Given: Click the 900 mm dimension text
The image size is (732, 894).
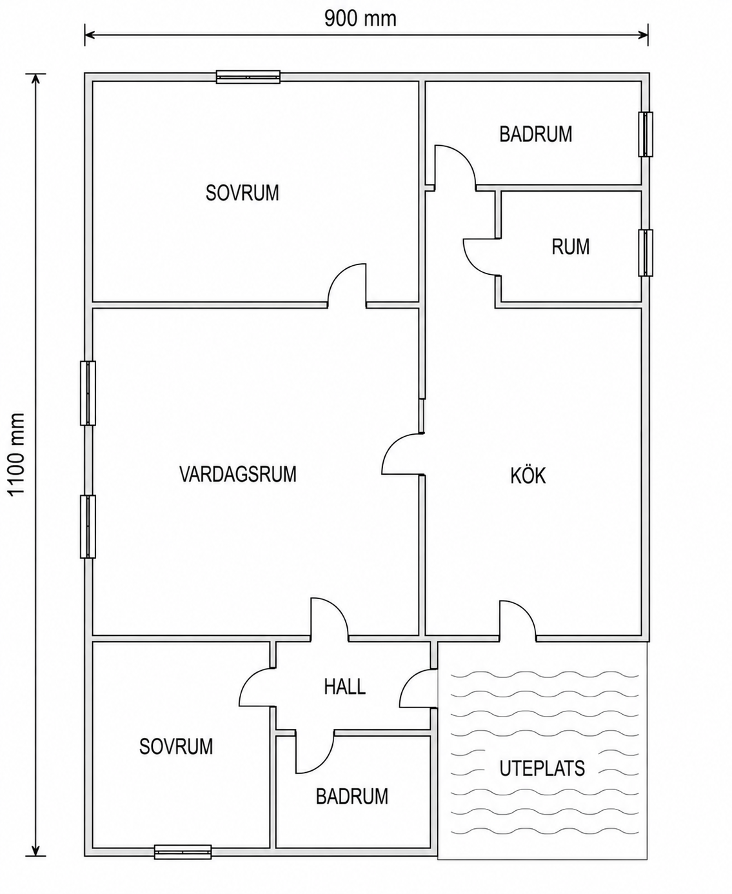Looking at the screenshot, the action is click(x=360, y=19).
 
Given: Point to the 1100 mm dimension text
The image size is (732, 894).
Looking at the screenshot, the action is click(x=17, y=454).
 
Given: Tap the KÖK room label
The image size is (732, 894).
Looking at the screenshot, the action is click(x=528, y=475).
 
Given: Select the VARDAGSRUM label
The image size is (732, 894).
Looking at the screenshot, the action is click(x=238, y=474).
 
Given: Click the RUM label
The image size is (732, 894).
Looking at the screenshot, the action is click(x=570, y=246).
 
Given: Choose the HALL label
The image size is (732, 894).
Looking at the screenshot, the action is click(x=344, y=687).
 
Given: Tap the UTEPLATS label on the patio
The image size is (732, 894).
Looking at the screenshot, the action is click(x=542, y=768).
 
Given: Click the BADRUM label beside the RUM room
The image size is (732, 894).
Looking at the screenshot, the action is click(x=535, y=134).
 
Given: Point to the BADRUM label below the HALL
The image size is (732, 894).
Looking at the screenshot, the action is click(x=351, y=797).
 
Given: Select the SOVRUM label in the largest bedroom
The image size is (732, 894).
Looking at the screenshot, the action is click(x=242, y=193).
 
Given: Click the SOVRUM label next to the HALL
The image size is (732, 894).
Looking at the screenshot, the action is click(x=176, y=746).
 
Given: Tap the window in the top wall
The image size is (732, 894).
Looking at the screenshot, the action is click(x=248, y=77).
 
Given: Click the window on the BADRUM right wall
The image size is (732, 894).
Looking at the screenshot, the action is click(x=646, y=134).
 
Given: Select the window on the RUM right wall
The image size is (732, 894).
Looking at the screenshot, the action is click(x=646, y=253).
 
